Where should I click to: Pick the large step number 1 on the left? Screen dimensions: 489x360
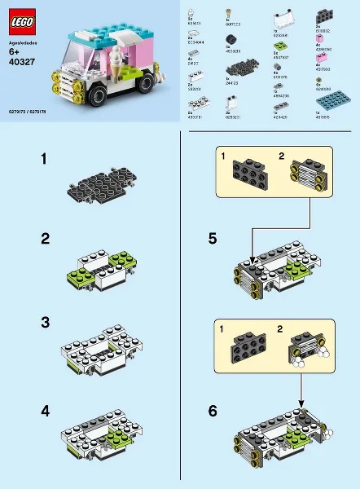(46, 161)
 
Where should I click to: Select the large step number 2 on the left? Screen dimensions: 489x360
(46, 239)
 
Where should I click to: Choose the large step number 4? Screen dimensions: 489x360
(46, 412)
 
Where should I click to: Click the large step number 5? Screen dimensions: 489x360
(212, 239)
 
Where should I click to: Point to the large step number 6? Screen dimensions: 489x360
(212, 412)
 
